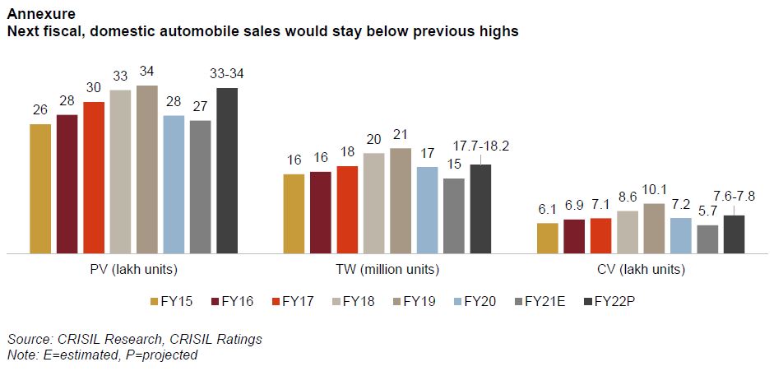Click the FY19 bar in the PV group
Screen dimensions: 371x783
click(147, 169)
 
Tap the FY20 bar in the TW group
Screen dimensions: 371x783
click(428, 210)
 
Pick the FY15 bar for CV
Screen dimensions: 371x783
click(547, 238)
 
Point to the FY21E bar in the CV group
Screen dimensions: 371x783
click(707, 239)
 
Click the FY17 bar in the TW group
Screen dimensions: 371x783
click(347, 209)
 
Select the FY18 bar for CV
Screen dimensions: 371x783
click(628, 231)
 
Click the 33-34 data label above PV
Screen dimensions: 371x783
click(227, 74)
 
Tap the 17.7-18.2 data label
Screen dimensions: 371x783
click(481, 145)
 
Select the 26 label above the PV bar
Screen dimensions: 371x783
click(40, 109)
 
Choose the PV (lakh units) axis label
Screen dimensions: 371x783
click(134, 269)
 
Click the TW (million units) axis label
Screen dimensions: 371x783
click(387, 269)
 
